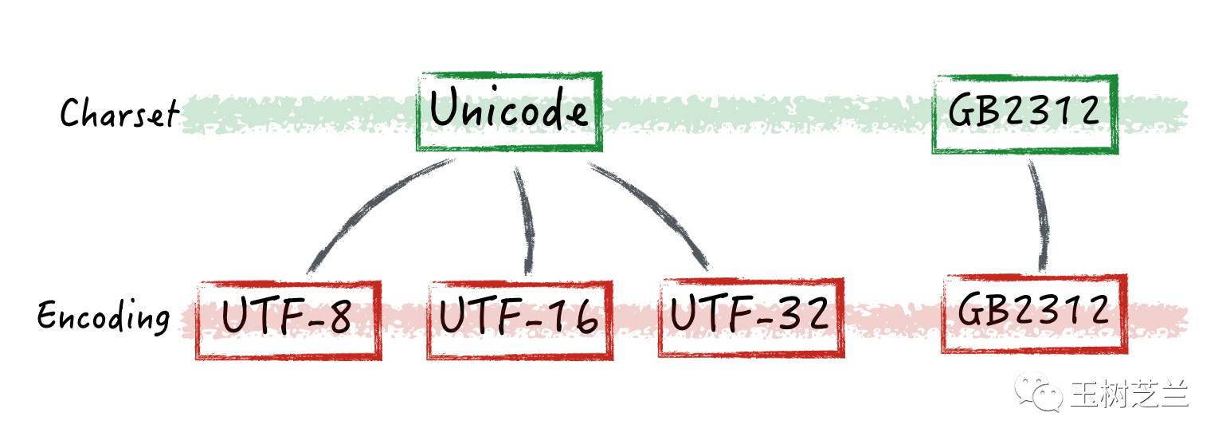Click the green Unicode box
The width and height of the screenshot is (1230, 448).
(509, 112)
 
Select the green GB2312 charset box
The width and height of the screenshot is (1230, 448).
(1024, 113)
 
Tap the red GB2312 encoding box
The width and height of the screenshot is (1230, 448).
(1034, 312)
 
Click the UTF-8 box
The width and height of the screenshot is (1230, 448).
(288, 320)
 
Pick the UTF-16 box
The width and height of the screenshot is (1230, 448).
(519, 319)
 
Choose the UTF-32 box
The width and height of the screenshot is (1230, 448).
(750, 316)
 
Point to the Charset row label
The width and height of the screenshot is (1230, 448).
(119, 113)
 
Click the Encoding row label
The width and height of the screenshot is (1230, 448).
(104, 317)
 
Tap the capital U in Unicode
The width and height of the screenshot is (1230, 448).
(446, 110)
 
